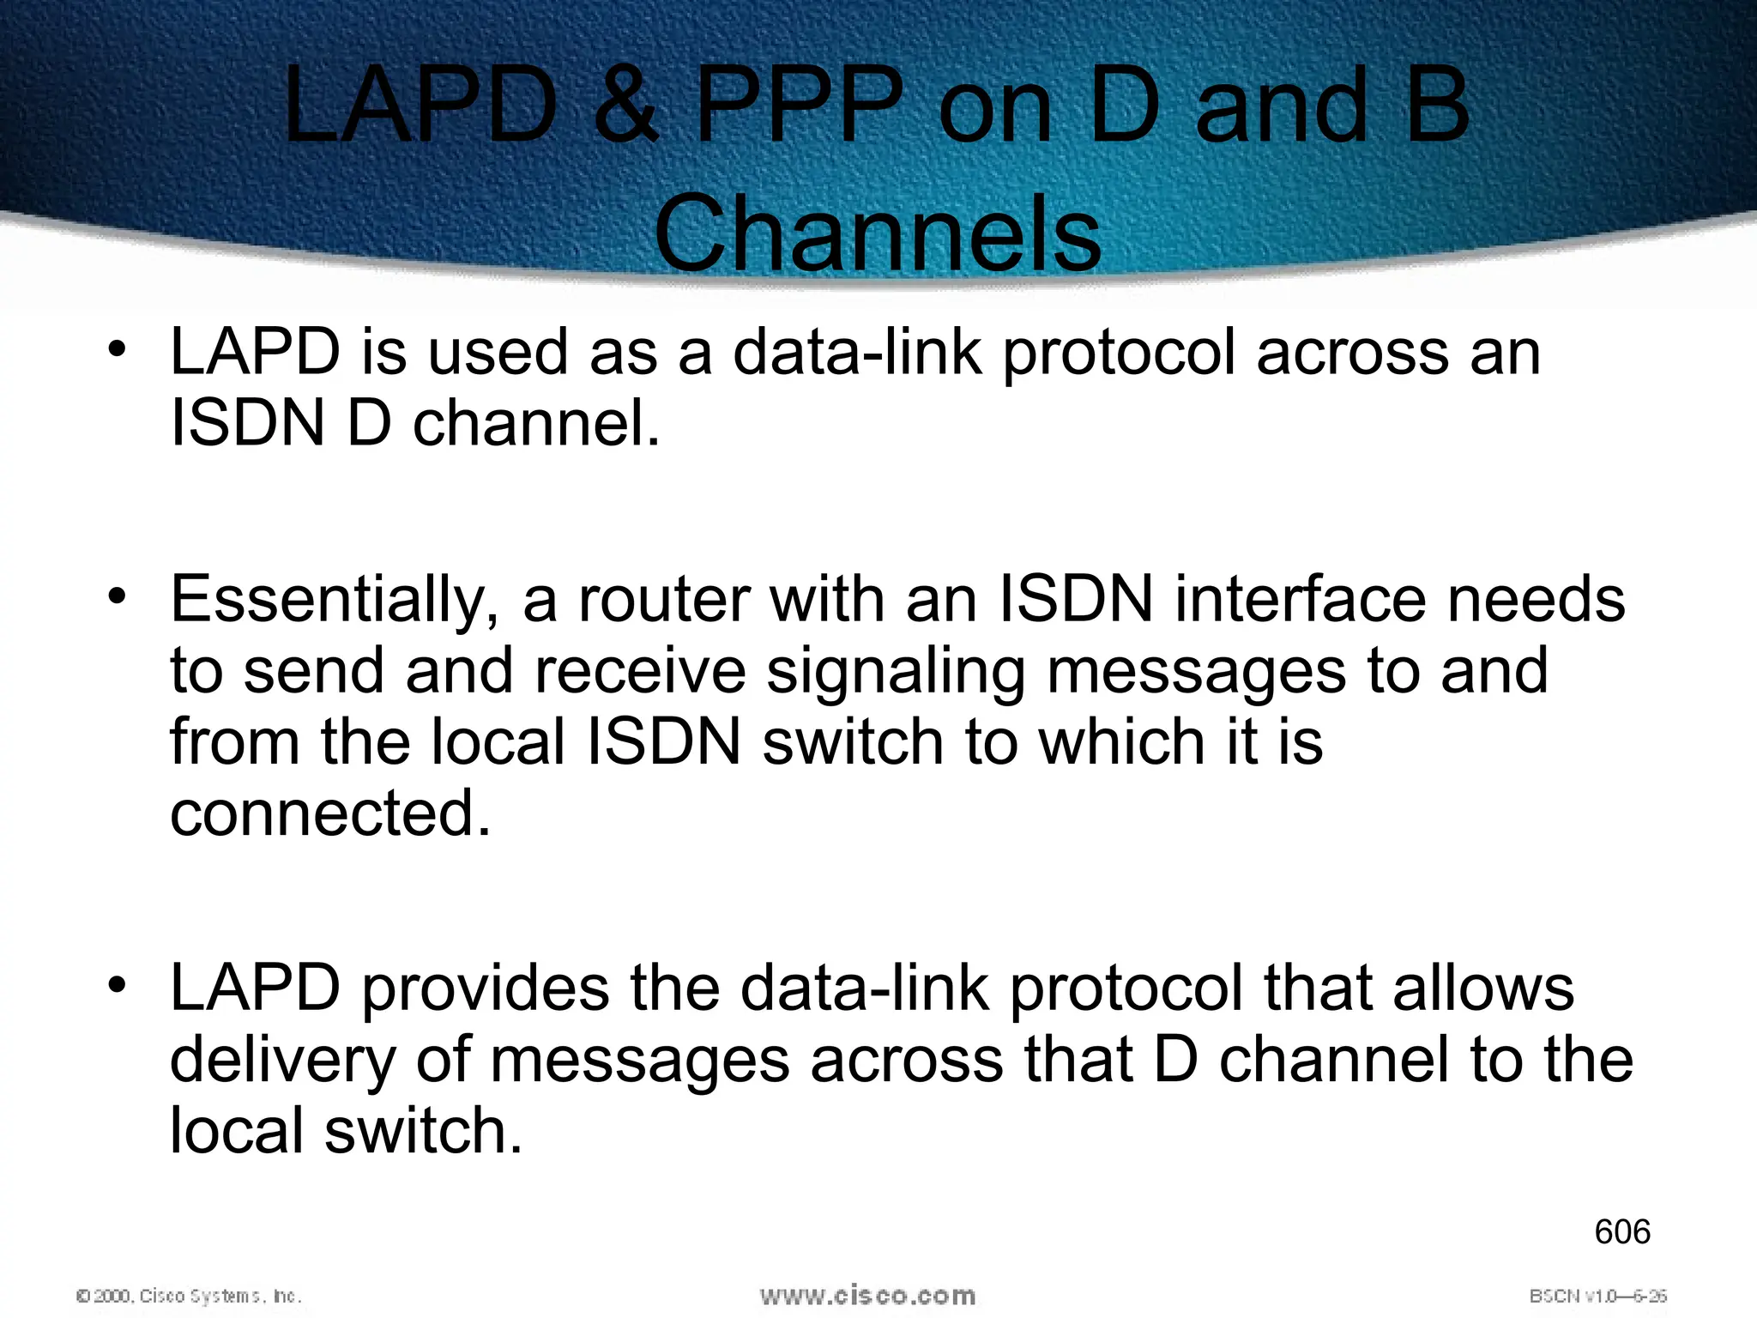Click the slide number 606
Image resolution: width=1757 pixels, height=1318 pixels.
(x=1621, y=1232)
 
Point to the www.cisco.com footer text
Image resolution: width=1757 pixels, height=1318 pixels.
(x=867, y=1295)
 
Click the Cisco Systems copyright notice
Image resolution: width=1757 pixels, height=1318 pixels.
(x=189, y=1296)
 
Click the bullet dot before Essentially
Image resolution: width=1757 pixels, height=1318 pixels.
(x=118, y=595)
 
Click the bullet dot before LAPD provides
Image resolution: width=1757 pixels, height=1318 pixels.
(x=118, y=983)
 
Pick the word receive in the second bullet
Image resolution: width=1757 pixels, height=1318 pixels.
(x=640, y=672)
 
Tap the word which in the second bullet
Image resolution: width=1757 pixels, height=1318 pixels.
(x=1121, y=742)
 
